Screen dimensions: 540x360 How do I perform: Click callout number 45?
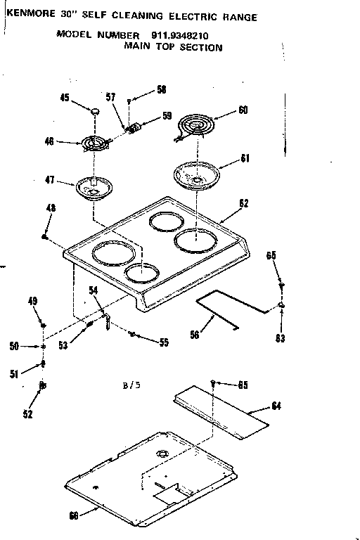[65, 98]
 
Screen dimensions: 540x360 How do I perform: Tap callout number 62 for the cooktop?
[243, 203]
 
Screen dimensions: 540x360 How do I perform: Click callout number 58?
[161, 90]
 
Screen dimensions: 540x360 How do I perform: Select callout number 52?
[28, 414]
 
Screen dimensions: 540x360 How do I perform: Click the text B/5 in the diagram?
[130, 386]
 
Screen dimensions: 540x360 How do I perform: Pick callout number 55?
[163, 342]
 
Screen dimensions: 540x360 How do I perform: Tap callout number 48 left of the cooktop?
[51, 208]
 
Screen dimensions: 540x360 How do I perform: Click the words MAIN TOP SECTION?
[173, 48]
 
